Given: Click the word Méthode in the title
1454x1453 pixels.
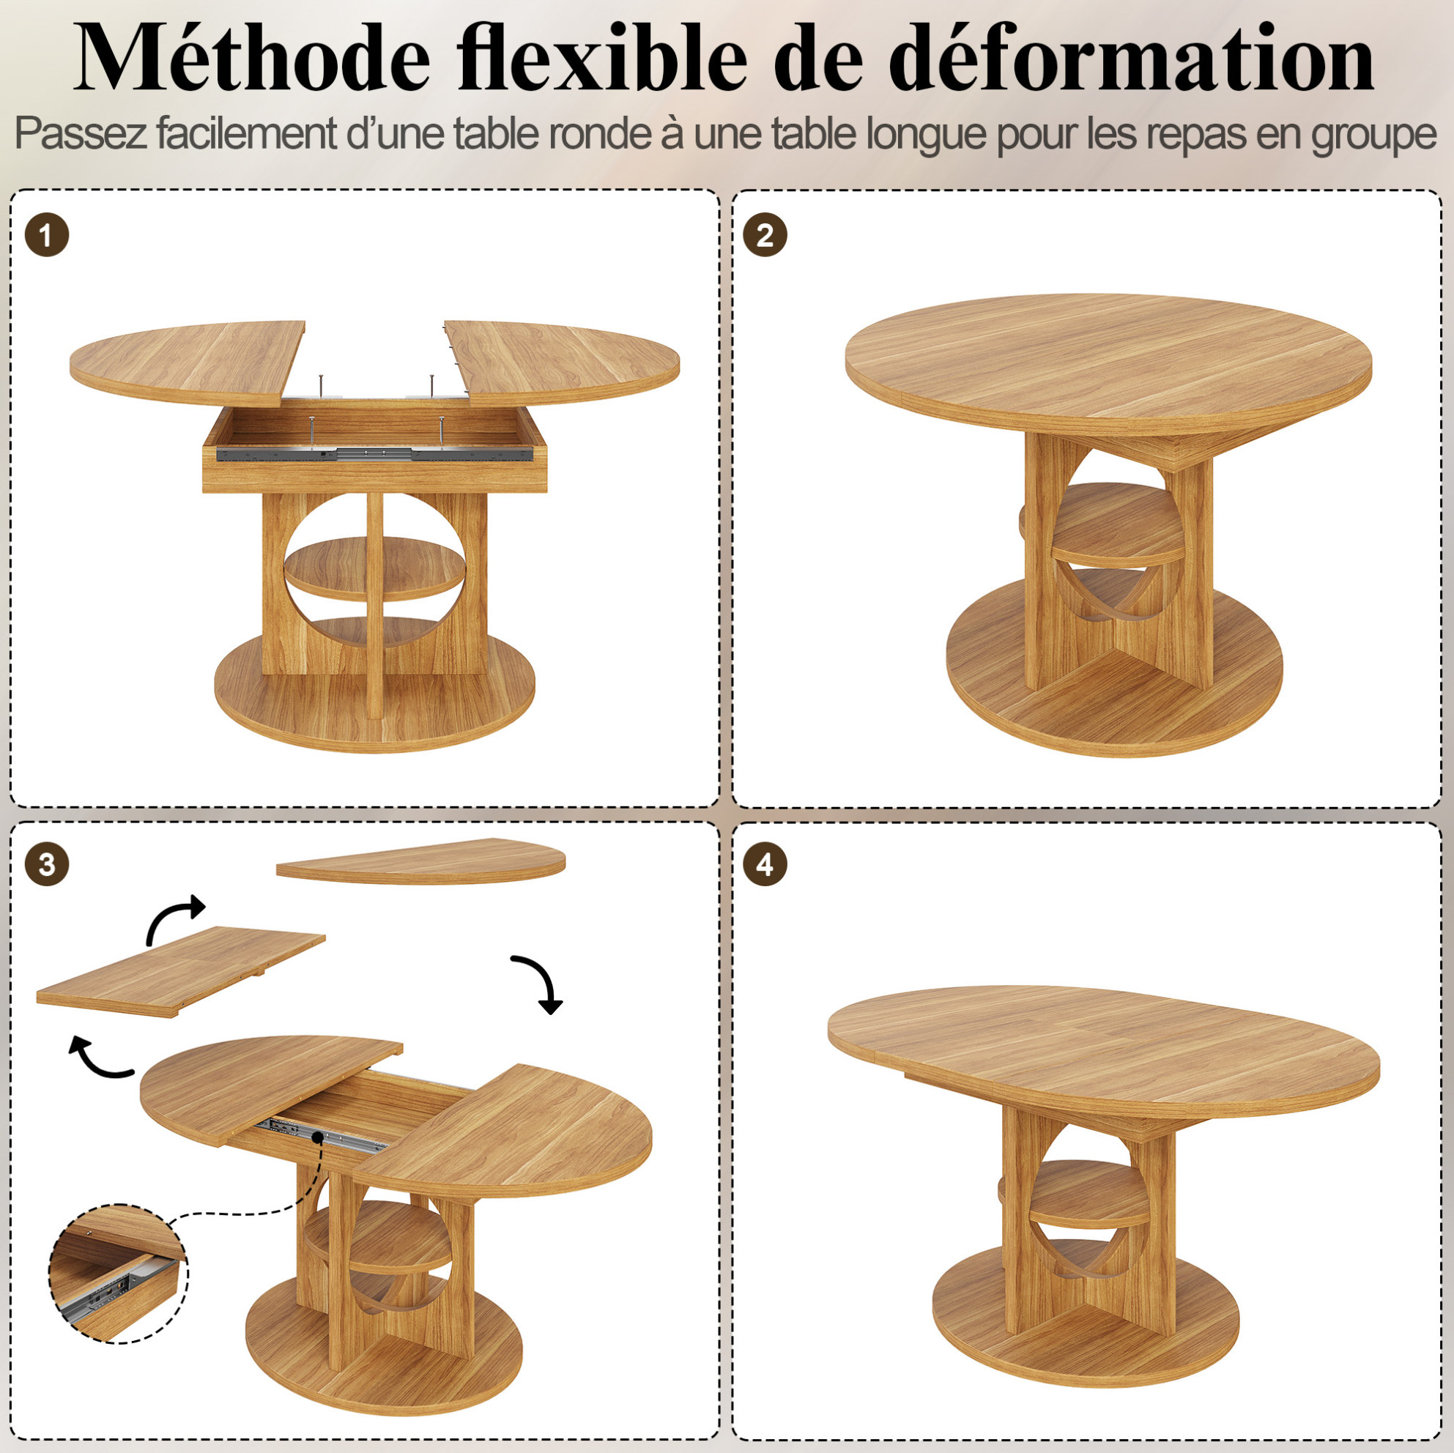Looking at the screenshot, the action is pos(252,59).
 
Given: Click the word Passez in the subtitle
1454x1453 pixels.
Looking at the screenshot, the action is pos(82,134).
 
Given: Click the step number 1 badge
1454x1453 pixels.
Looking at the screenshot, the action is pos(47,236).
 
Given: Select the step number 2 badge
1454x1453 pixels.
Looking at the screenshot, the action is pos(765,236).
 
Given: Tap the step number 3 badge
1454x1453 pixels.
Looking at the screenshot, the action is pos(47,864).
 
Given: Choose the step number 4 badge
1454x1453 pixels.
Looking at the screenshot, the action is pos(765,864).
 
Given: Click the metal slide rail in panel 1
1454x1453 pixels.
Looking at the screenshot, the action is pos(374,453).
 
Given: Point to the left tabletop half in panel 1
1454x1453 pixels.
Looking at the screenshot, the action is pos(188,361).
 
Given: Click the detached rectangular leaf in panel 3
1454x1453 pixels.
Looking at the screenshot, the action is pos(181,971).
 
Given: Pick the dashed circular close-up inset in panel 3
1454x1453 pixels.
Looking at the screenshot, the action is pos(118,1274).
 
